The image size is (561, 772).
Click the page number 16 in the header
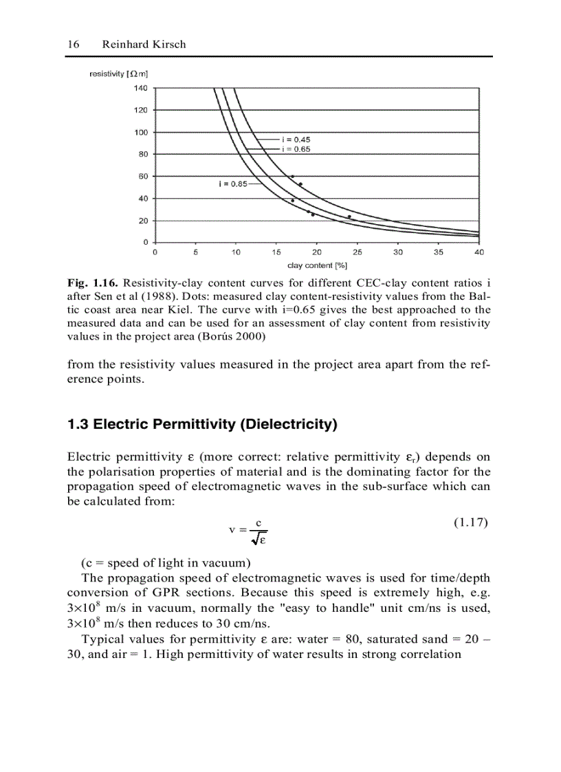73,44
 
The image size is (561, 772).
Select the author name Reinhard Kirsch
144,44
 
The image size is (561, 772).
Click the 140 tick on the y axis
140,88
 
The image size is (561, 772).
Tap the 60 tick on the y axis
142,177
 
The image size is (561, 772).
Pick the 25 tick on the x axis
357,252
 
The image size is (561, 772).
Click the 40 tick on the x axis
478,252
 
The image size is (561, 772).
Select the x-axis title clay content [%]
317,265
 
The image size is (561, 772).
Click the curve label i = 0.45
296,140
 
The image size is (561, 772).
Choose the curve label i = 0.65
296,149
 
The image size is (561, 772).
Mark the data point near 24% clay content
349,217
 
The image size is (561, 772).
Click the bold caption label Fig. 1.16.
89,283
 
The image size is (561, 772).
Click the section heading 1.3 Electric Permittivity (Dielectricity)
202,425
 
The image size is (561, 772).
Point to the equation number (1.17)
471,522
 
